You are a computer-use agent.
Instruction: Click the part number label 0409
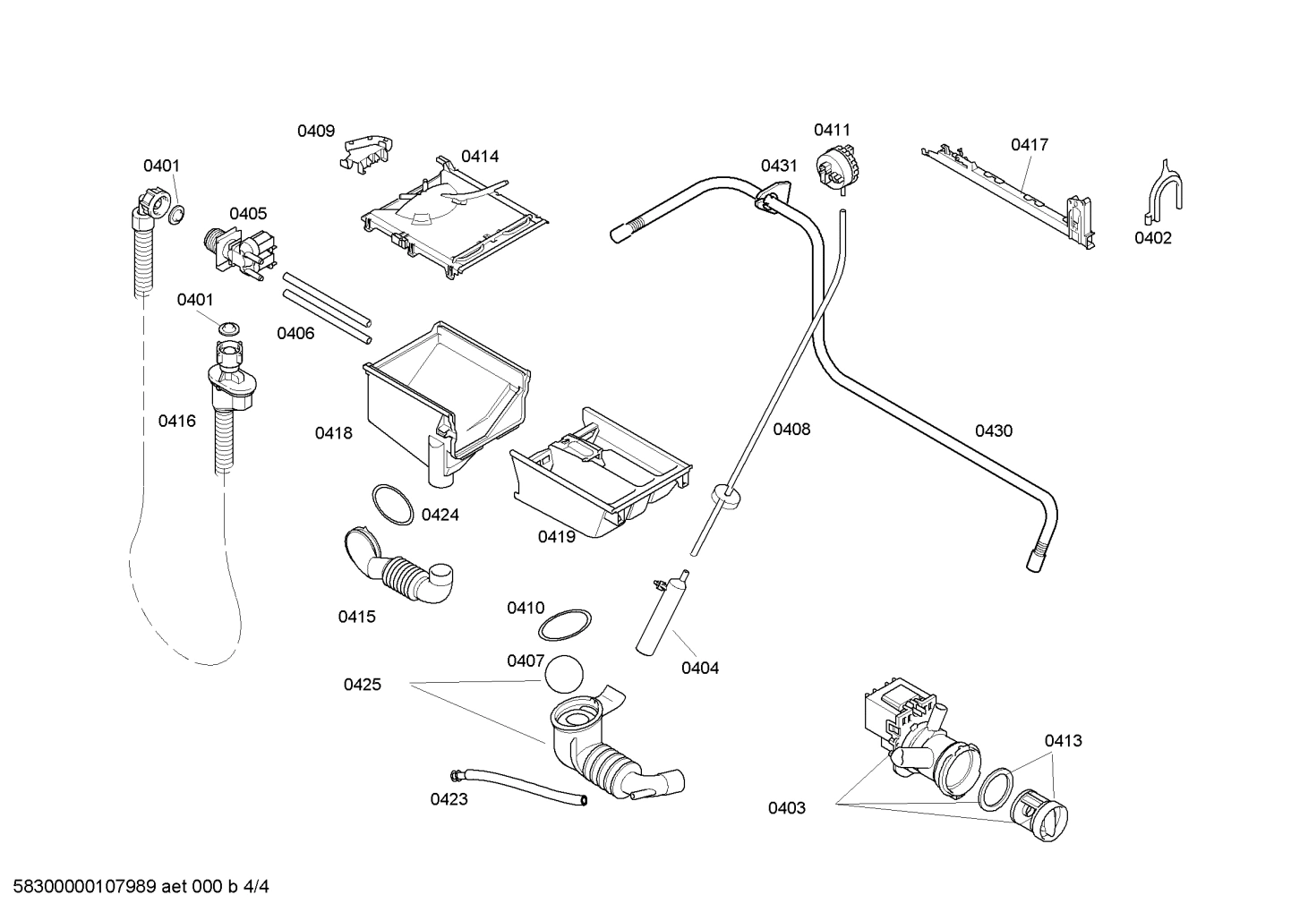point(316,132)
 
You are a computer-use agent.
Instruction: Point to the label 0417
point(1030,145)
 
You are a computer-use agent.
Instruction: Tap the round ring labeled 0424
point(392,505)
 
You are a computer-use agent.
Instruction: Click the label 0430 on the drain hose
point(994,431)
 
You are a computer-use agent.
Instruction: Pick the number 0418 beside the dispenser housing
point(333,433)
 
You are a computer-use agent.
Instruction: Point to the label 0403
point(786,808)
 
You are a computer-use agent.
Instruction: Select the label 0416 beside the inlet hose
point(176,421)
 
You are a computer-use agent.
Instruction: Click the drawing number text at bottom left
point(134,887)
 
